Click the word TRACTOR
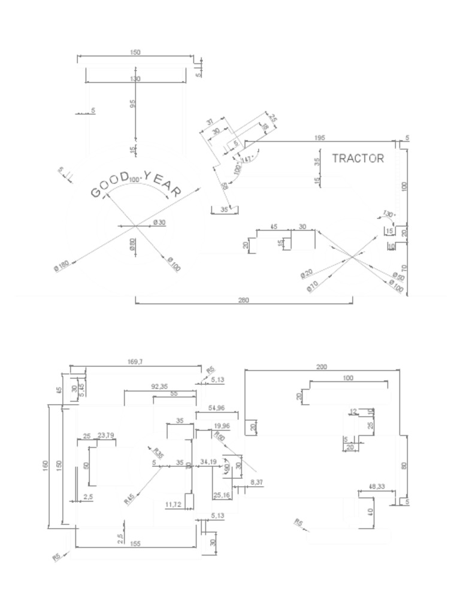point(358,159)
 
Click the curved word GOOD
point(110,184)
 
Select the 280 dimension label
point(244,300)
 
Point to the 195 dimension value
point(320,138)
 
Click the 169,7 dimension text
point(135,362)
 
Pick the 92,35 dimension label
point(159,386)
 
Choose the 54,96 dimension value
point(216,408)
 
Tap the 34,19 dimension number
point(208,462)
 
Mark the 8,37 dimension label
point(256,482)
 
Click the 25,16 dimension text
point(221,495)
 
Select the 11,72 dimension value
point(173,505)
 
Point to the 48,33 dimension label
point(377,487)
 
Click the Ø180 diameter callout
point(62,266)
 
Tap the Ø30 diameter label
point(159,222)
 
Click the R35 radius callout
point(158,453)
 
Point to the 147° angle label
point(247,159)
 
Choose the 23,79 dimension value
point(106,435)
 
